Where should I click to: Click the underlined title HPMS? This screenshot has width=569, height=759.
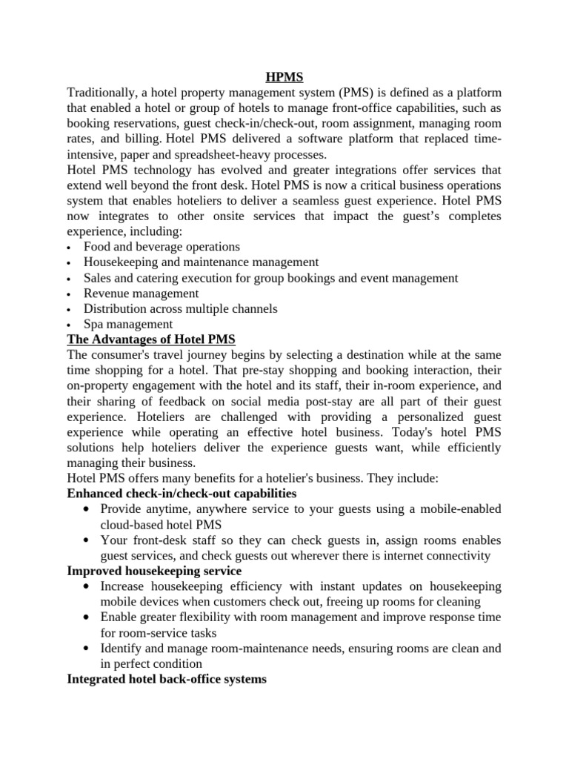284,76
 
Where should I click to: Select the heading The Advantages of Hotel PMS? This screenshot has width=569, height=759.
151,339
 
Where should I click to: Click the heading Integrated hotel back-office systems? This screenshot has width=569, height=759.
167,678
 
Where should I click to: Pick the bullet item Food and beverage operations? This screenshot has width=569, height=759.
162,246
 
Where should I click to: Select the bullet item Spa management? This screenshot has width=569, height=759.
128,324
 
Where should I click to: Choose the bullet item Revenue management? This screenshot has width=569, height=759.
141,293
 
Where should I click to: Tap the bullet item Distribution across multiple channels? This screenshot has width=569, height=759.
180,308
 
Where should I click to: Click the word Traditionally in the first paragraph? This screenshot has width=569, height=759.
102,91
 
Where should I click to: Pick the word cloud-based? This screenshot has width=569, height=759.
135,524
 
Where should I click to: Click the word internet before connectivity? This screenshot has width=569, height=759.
400,555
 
